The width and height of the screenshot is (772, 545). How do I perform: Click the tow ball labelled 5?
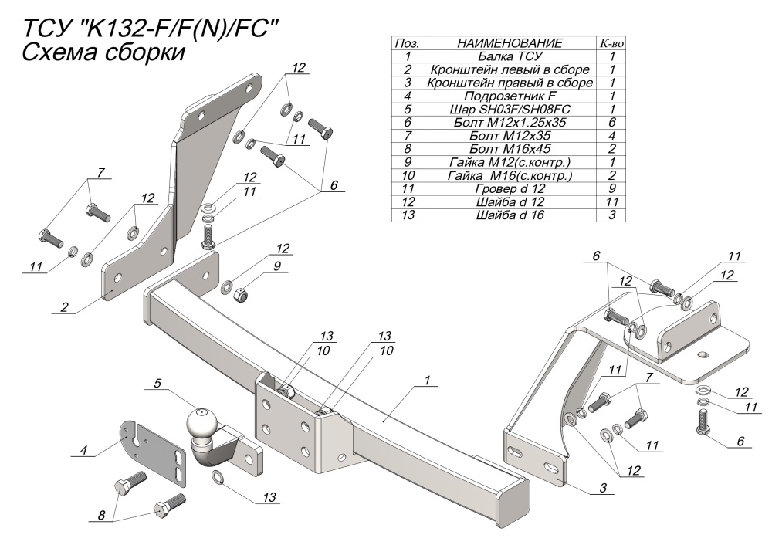click(x=203, y=424)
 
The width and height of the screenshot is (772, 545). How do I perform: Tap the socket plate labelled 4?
click(x=152, y=452)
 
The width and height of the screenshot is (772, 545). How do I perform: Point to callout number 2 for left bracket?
click(x=65, y=307)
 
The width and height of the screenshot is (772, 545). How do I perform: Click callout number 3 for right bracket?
click(x=603, y=488)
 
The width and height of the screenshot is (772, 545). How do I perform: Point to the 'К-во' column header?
click(x=611, y=43)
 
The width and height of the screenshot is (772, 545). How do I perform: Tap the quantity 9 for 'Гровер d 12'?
click(x=611, y=188)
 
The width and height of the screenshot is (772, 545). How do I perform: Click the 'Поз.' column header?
click(x=406, y=43)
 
